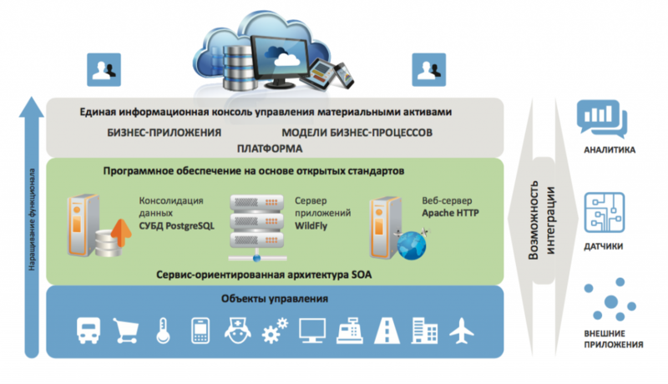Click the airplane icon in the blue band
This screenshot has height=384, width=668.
click(x=461, y=331)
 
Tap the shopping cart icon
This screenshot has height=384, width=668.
click(x=124, y=331)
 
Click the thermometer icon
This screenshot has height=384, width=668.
click(x=161, y=331)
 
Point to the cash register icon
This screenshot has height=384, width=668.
click(x=349, y=331)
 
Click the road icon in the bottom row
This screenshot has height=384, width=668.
click(x=387, y=331)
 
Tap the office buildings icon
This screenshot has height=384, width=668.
click(x=423, y=331)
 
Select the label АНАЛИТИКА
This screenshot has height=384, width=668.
click(x=610, y=151)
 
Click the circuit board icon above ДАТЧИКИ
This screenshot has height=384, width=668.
click(x=603, y=213)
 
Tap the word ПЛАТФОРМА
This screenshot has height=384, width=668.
click(x=269, y=148)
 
